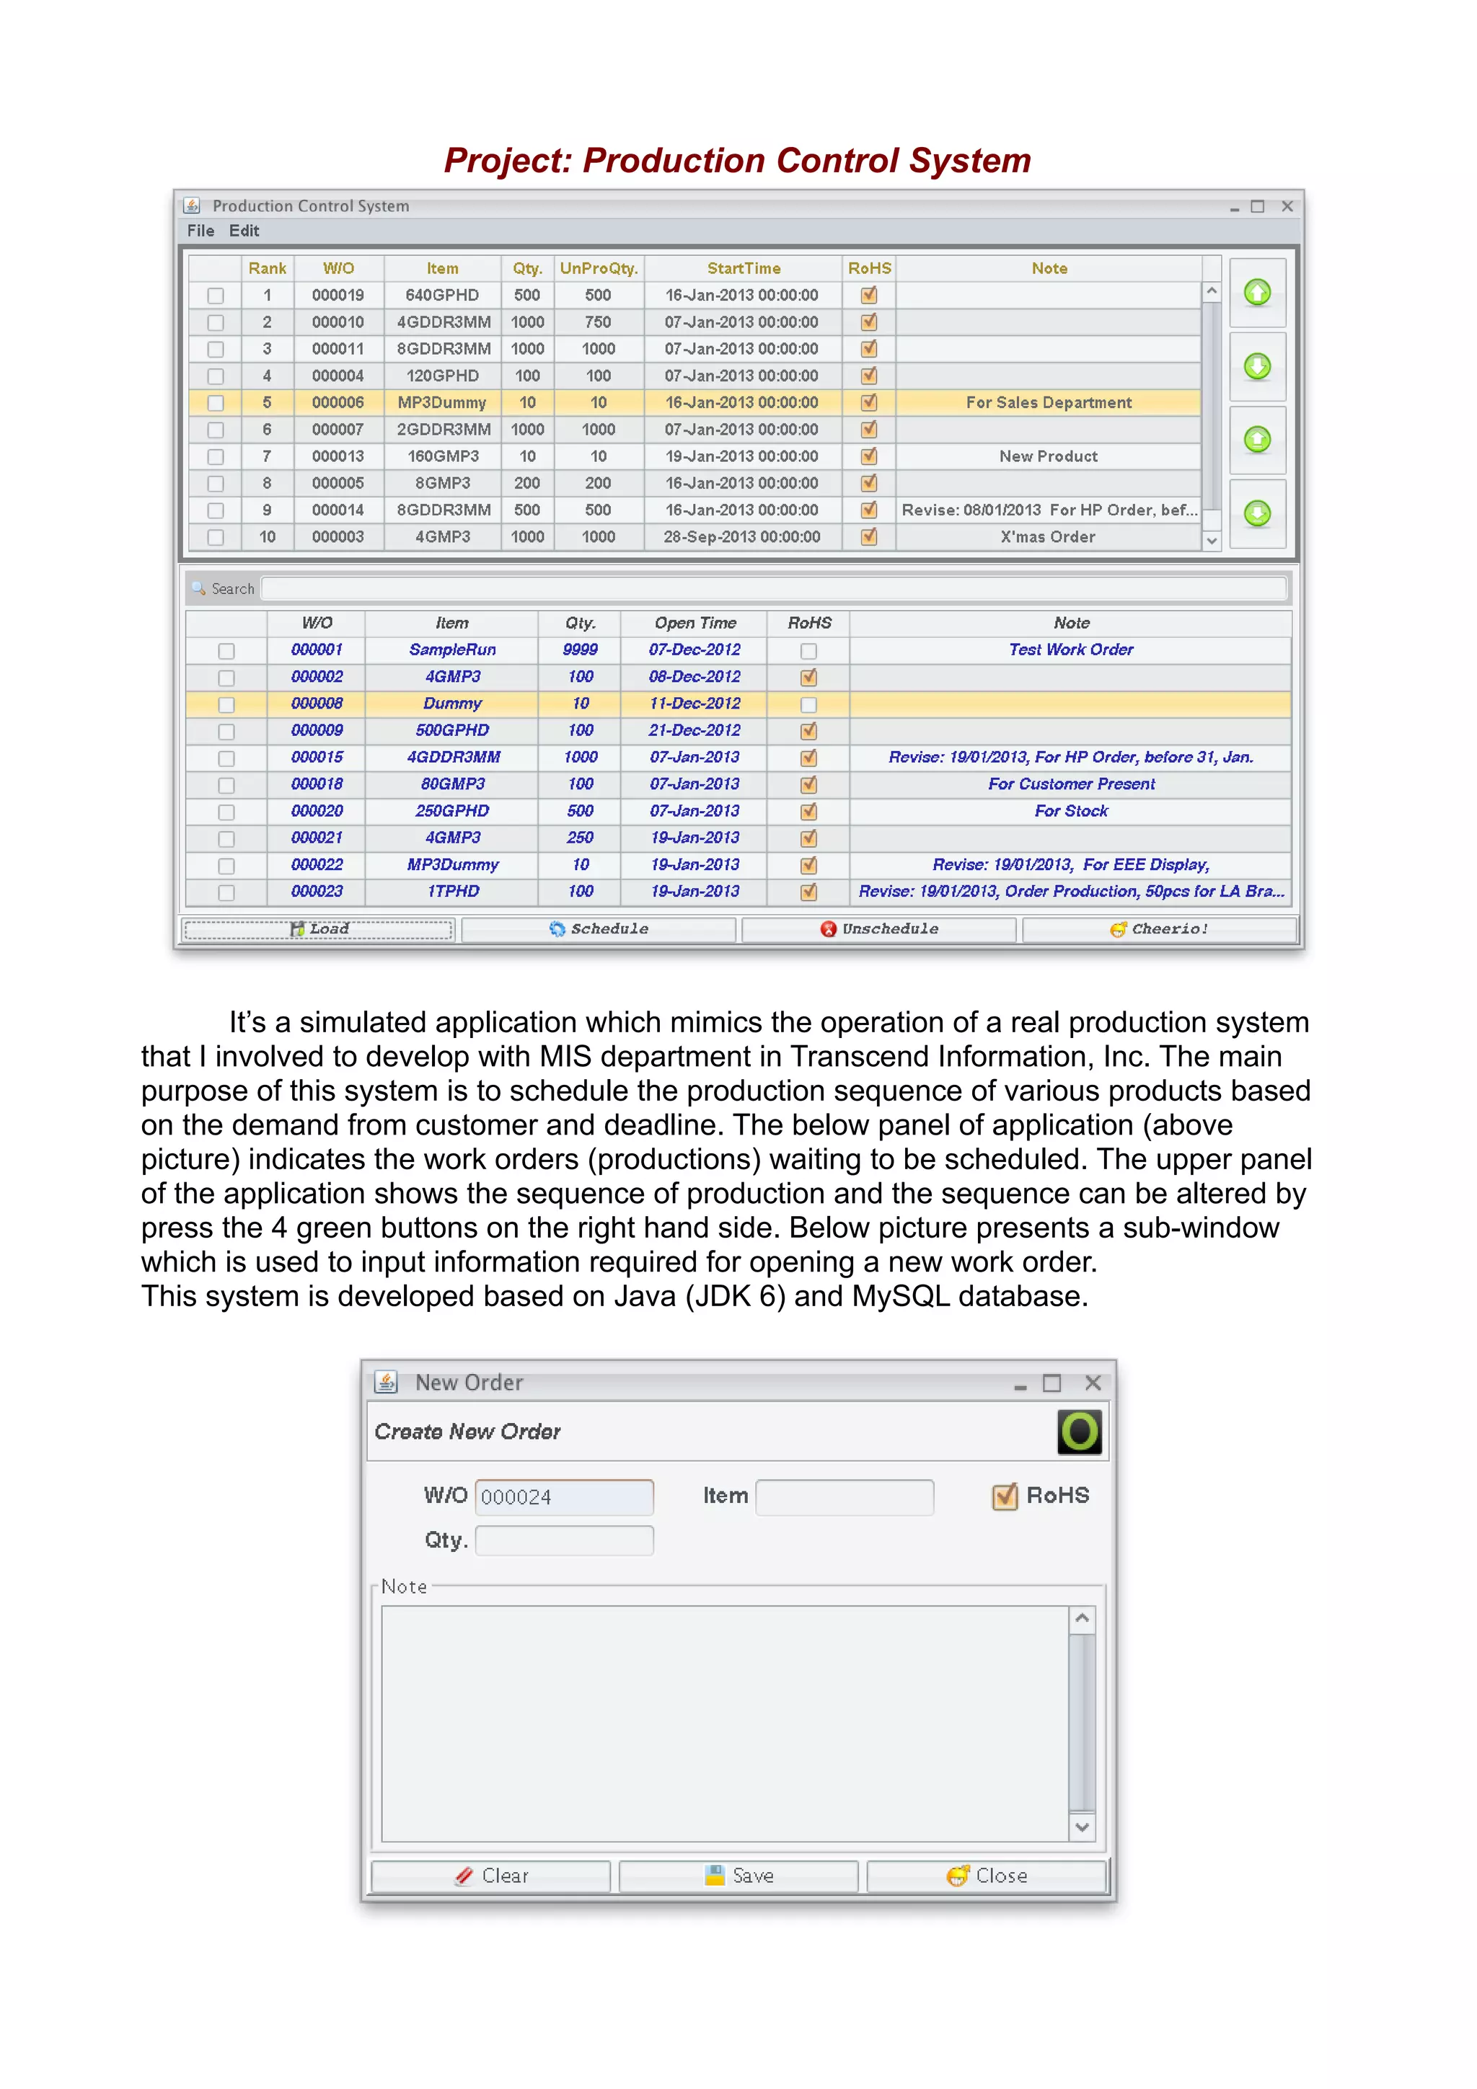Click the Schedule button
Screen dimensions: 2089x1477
pos(598,929)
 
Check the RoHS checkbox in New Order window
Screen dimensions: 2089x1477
pos(1005,1496)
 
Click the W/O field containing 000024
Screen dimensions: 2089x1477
pos(563,1496)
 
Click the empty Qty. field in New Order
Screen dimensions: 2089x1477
pos(563,1540)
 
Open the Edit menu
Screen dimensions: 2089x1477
pos(244,231)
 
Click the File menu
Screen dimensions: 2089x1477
pos(200,231)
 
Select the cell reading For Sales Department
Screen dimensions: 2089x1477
pos(1049,402)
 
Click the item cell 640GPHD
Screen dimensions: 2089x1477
pos(442,295)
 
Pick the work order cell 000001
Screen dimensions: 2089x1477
pos(317,649)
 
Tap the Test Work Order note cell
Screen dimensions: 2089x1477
pos(1070,649)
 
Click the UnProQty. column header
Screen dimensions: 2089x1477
pos(599,268)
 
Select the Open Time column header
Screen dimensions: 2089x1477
pos(695,624)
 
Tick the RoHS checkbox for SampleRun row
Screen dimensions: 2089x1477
pos(808,650)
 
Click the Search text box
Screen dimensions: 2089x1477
pos(774,589)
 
